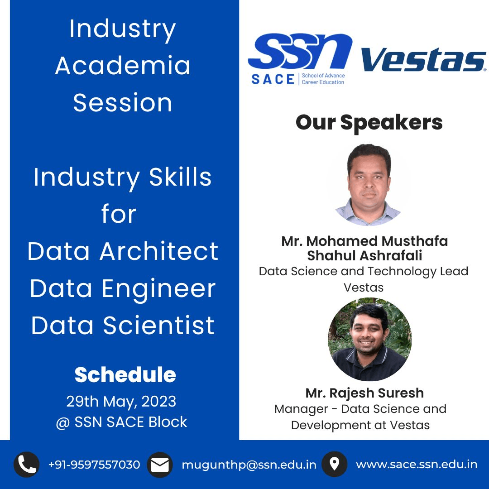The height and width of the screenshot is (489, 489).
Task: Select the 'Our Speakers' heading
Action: [x=369, y=123]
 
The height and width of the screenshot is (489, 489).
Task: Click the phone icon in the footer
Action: [x=27, y=465]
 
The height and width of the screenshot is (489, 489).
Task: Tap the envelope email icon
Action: [x=160, y=465]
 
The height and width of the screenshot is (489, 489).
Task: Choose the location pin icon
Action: [x=334, y=465]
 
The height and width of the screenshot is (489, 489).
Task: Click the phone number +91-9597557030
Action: [x=94, y=465]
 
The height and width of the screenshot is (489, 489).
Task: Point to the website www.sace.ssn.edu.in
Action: [x=417, y=465]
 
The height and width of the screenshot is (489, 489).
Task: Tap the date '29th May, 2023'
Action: [x=121, y=401]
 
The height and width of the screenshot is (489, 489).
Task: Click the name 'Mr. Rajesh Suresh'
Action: [x=364, y=393]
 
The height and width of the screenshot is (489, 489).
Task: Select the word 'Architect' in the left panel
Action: [x=159, y=251]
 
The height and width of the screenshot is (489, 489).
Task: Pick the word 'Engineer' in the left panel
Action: [x=158, y=289]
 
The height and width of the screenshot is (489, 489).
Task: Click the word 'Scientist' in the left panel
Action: [x=159, y=325]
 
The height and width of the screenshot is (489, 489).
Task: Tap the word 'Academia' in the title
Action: [x=123, y=66]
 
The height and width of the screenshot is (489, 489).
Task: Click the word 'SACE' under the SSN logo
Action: [x=273, y=79]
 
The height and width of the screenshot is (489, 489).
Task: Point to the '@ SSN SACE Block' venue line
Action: [x=121, y=422]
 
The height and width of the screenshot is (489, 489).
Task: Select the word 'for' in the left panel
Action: [x=119, y=214]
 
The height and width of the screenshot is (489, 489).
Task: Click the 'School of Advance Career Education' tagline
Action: [x=323, y=79]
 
